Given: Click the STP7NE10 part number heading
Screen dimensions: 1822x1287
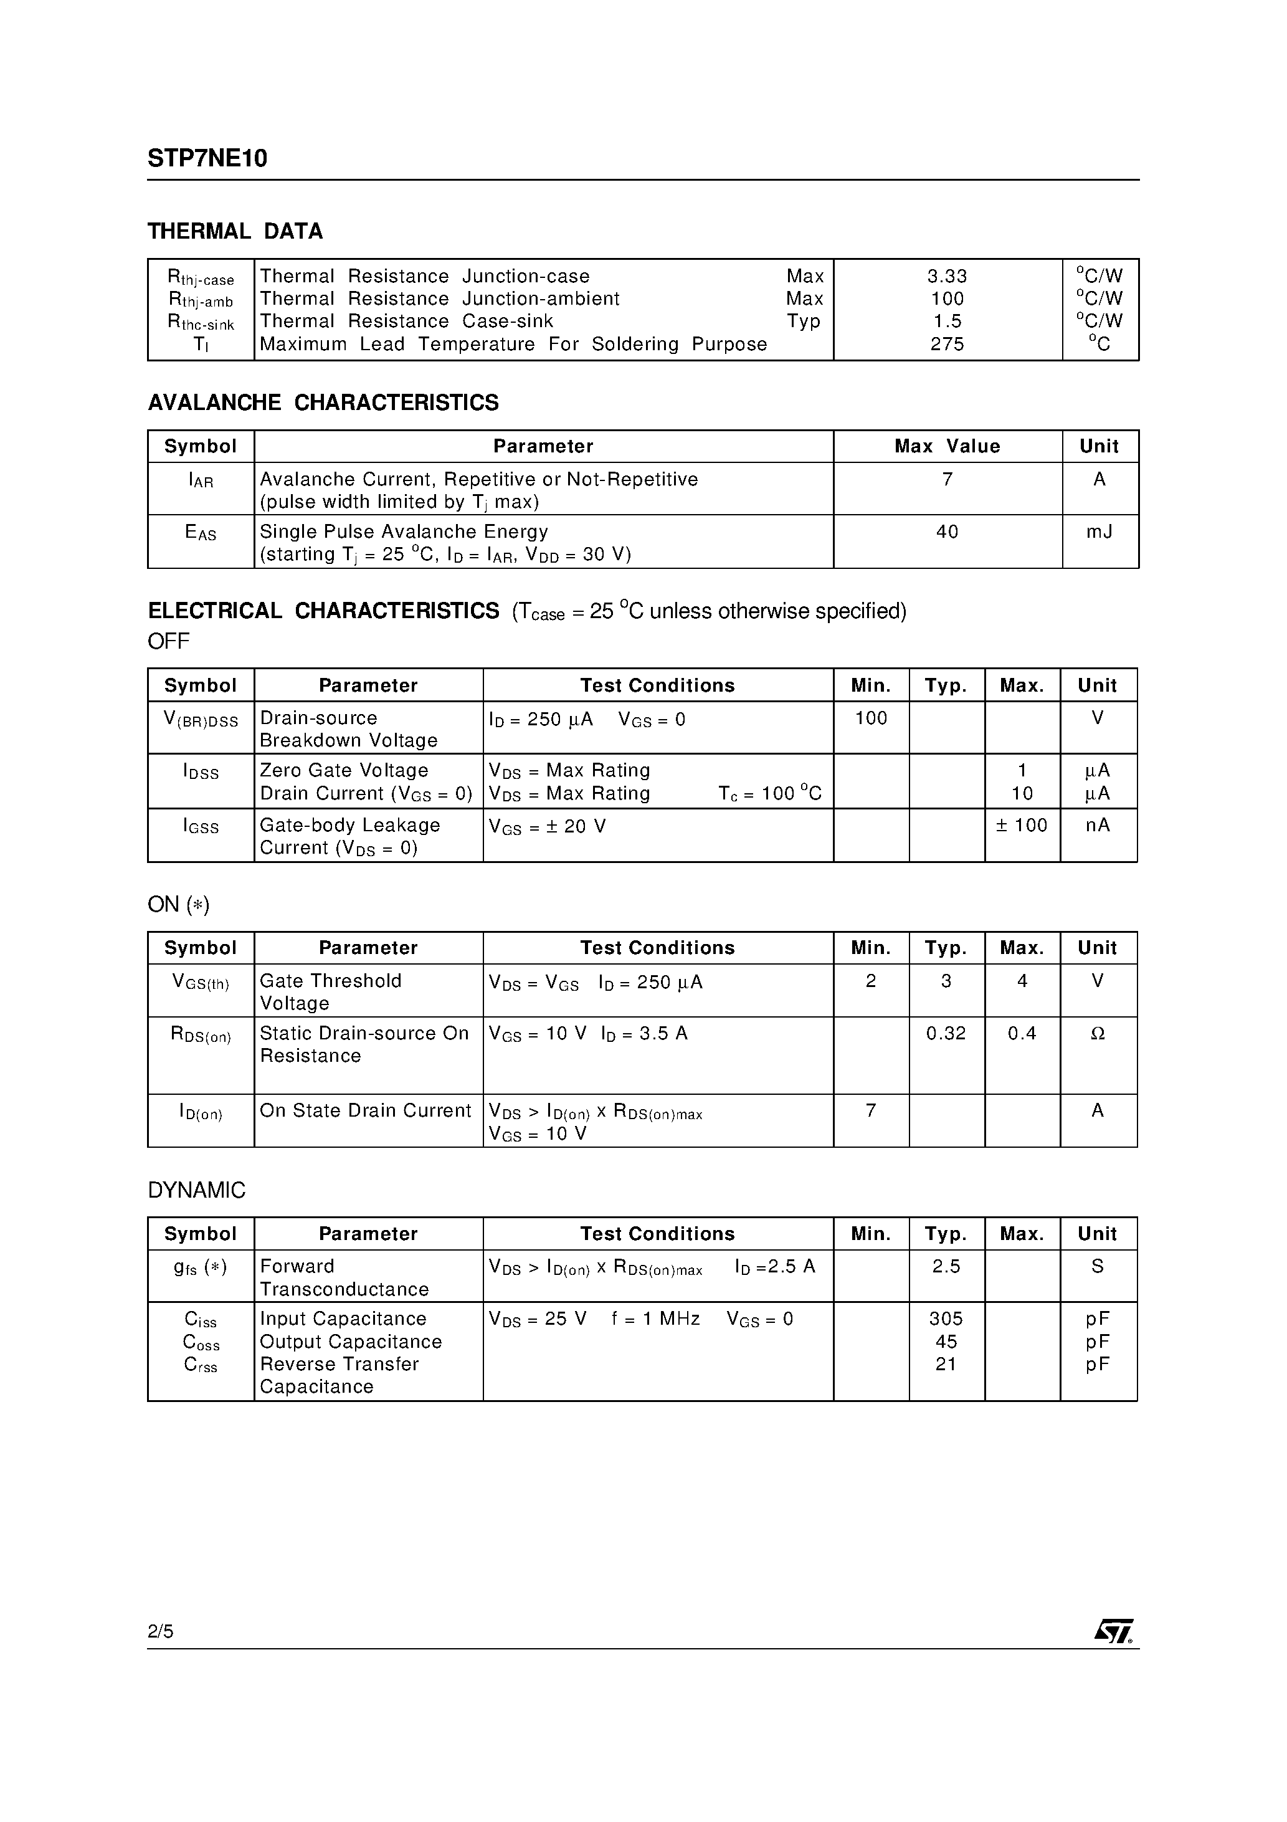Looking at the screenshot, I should [207, 159].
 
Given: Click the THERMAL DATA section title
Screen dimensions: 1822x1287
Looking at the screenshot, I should [235, 231].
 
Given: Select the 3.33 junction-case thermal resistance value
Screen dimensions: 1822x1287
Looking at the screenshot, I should [947, 276].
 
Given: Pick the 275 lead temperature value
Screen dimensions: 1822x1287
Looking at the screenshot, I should [947, 343].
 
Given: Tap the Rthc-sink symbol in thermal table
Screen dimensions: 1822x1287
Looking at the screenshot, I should [201, 322].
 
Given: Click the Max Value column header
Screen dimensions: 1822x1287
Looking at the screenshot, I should [947, 446].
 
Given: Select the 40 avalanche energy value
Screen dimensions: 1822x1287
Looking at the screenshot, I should [947, 532].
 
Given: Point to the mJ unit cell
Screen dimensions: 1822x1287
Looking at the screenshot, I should [1099, 532].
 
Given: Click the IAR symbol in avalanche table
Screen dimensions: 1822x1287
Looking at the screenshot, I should [201, 480].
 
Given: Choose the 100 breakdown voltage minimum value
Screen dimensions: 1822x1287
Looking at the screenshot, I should [870, 718].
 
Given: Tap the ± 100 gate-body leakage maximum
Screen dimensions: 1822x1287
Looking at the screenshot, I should [1021, 825].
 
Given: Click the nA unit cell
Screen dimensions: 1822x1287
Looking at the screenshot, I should [1098, 825].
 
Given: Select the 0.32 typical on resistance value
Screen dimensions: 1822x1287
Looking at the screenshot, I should [946, 1033].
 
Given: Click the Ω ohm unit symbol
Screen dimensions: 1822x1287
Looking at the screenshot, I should [1098, 1033].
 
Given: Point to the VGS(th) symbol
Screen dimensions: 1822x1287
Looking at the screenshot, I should [201, 983].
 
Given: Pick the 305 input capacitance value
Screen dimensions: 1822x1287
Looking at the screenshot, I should [946, 1319].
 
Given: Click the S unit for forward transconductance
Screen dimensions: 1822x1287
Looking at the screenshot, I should [1098, 1267].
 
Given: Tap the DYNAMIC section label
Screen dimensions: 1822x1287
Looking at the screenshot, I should [197, 1190].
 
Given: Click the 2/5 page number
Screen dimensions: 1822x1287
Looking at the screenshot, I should [160, 1631].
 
